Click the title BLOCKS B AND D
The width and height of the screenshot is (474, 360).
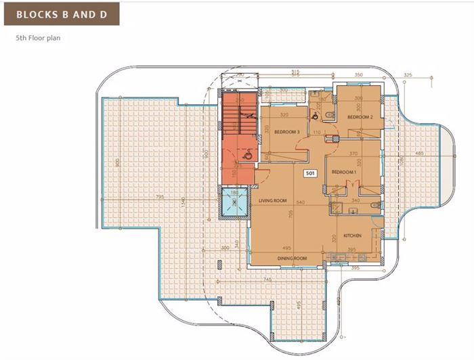click(x=60, y=13)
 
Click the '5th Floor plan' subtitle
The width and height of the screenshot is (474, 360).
click(x=39, y=39)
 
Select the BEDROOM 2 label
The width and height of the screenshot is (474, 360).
click(x=361, y=117)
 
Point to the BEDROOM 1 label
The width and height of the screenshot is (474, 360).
click(x=343, y=173)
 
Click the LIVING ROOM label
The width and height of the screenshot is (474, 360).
click(x=273, y=201)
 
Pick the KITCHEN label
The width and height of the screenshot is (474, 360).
click(x=352, y=235)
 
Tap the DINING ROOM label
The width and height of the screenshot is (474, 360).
click(x=292, y=258)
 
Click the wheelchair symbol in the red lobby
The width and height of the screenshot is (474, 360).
click(x=248, y=156)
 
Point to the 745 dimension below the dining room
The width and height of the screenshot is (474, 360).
click(x=267, y=279)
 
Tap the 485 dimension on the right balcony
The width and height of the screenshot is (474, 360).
click(x=419, y=154)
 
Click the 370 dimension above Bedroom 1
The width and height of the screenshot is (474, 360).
click(x=353, y=154)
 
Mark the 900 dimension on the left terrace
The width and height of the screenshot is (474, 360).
click(x=118, y=163)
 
